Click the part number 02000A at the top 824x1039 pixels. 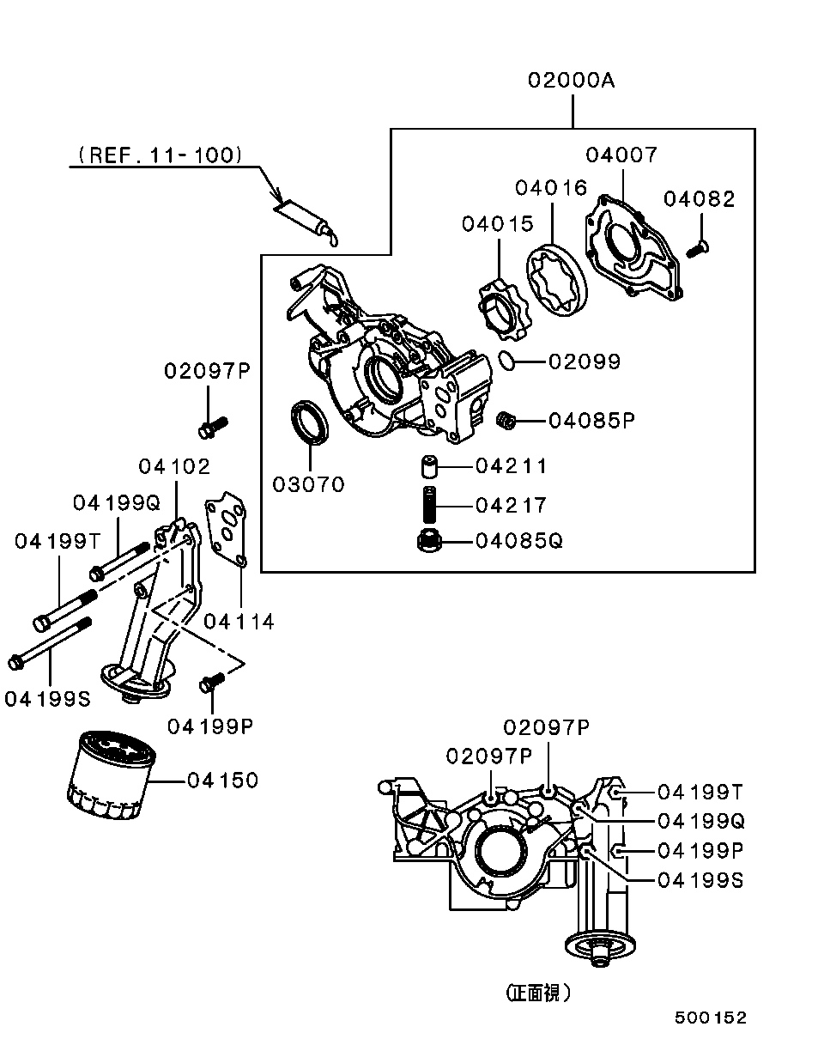(571, 81)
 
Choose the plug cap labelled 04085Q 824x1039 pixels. (427, 542)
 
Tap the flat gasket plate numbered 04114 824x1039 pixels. (227, 531)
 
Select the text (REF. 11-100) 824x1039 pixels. (159, 155)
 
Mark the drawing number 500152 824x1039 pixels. (710, 1018)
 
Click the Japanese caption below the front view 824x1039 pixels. (537, 993)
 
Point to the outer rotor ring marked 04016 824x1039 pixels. (558, 280)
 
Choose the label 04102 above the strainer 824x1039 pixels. (174, 466)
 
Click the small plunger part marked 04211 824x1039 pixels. (429, 467)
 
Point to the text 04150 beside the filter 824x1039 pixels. (222, 781)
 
